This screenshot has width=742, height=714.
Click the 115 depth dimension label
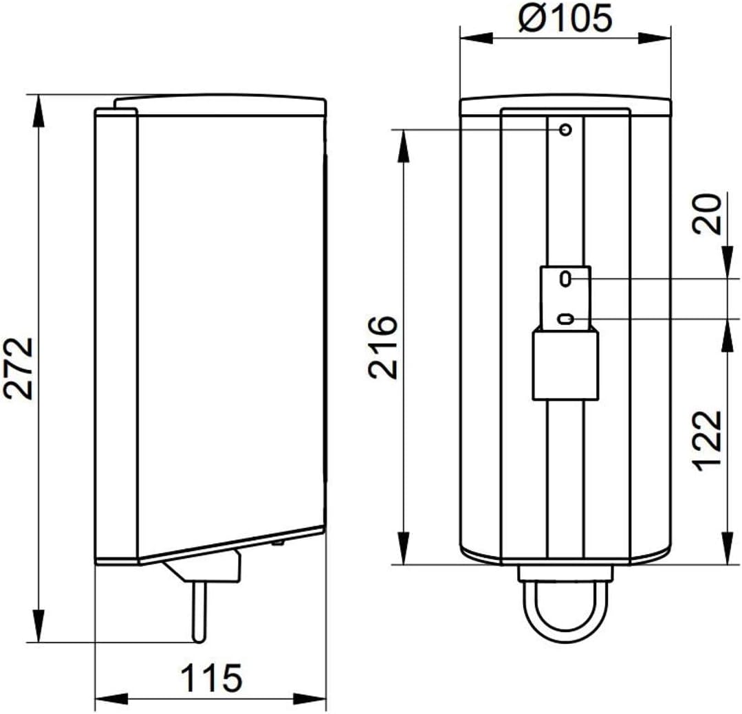[x=212, y=678]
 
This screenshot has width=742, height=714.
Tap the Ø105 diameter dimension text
[x=565, y=18]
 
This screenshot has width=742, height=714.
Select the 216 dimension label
[x=383, y=347]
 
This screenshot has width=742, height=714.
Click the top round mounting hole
[x=565, y=129]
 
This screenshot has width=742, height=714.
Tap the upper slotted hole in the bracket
[x=565, y=278]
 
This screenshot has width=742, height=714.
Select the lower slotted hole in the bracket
[x=565, y=319]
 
